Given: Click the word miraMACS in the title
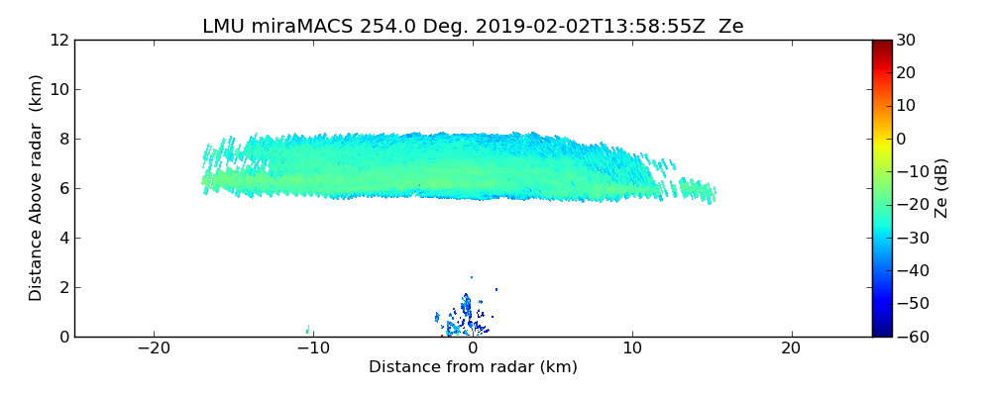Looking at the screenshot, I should [x=293, y=27].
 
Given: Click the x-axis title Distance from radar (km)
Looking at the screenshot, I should [x=473, y=367].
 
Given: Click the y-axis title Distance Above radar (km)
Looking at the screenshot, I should [x=37, y=187].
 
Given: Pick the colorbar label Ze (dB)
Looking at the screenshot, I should [x=941, y=188].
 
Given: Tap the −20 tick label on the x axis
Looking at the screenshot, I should [x=154, y=348].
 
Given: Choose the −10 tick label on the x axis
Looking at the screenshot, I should [x=313, y=348].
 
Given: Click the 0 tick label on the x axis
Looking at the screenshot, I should [x=473, y=348].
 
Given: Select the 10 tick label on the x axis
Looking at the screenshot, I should [x=632, y=348].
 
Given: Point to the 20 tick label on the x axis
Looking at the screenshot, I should [x=791, y=348].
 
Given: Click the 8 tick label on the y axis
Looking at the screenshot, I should [x=63, y=140].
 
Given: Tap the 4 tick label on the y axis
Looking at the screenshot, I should [x=63, y=239].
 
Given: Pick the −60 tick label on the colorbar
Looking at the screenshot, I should [x=910, y=337].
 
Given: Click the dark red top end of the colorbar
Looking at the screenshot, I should [x=881, y=44].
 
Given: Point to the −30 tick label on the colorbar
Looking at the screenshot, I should [x=910, y=239].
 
